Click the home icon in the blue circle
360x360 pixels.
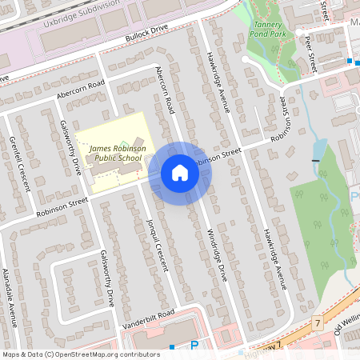pyautogui.click(x=180, y=173)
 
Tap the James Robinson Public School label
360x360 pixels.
pyautogui.click(x=116, y=153)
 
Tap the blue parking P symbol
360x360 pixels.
pyautogui.click(x=194, y=346)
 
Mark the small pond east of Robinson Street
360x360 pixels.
pyautogui.click(x=321, y=149)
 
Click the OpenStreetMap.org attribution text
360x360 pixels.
pyautogui.click(x=106, y=354)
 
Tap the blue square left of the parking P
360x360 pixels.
pyautogui.click(x=172, y=346)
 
